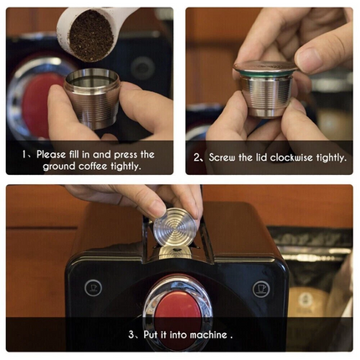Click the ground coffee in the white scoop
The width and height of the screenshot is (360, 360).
pyautogui.click(x=90, y=35)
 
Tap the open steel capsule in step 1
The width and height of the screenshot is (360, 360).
pyautogui.click(x=91, y=99)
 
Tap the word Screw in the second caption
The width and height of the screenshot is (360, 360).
pyautogui.click(x=224, y=157)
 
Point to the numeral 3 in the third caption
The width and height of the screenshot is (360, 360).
pyautogui.click(x=131, y=335)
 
